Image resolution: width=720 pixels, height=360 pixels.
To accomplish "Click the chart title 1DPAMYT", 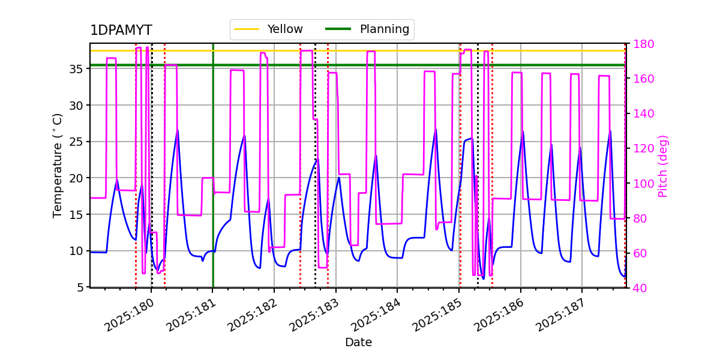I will [x=121, y=31].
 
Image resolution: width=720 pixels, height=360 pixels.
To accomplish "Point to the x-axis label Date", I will [x=358, y=343].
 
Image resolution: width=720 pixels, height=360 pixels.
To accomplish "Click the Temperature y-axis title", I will [x=58, y=165].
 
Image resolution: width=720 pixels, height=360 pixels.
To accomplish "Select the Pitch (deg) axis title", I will [x=663, y=166].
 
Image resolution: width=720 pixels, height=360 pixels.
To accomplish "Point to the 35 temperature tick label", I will [x=76, y=69].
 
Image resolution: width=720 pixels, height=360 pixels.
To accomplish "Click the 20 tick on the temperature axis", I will [x=76, y=178].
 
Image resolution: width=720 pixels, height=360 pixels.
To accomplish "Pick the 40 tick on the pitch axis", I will [x=638, y=288].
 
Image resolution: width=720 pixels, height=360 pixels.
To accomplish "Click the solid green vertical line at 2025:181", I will [x=213, y=180].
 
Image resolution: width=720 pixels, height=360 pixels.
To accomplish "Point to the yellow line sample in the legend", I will [x=247, y=29].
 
